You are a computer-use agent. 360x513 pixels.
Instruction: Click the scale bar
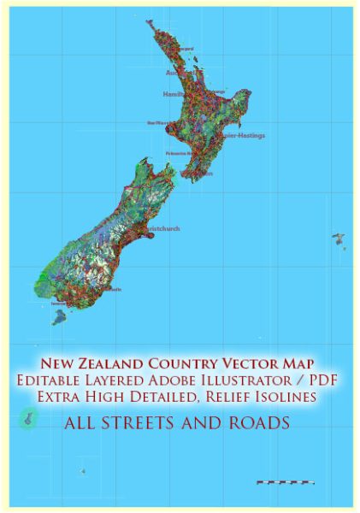pos(284,482)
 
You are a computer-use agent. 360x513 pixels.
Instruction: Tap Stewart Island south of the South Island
pos(59,317)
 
